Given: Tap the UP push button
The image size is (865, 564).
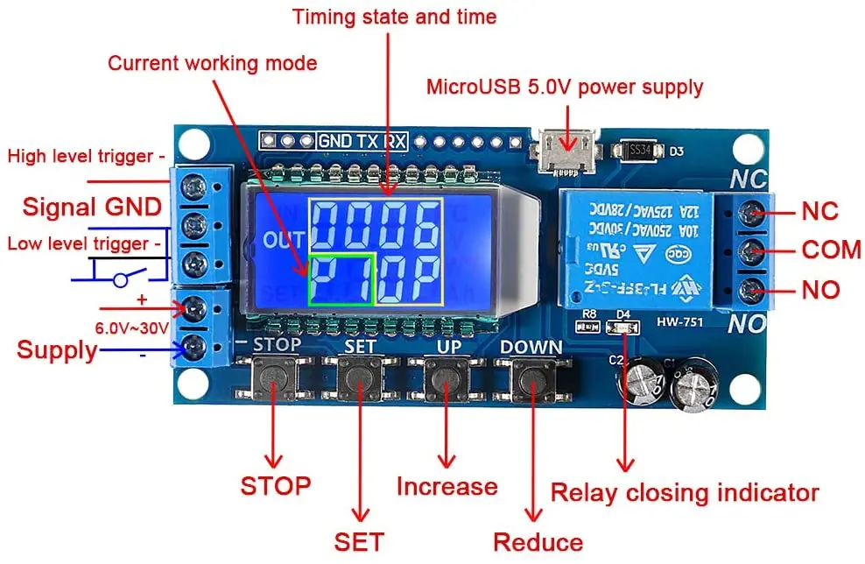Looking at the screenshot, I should pyautogui.click(x=447, y=380).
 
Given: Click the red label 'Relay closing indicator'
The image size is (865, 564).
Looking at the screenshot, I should pyautogui.click(x=684, y=492).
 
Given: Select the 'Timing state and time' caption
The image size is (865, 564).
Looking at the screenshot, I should pyautogui.click(x=394, y=16).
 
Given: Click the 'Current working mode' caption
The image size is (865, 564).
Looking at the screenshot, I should pyautogui.click(x=213, y=63).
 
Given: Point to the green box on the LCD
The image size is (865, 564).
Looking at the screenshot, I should pyautogui.click(x=342, y=279).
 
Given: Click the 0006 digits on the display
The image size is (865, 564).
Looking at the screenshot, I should pyautogui.click(x=376, y=225).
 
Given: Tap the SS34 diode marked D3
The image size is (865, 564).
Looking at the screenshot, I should pyautogui.click(x=641, y=151).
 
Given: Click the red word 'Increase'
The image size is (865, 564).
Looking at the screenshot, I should pyautogui.click(x=447, y=486).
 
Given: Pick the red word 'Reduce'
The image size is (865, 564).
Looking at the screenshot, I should pyautogui.click(x=538, y=542).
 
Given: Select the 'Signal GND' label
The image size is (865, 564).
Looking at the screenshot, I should pyautogui.click(x=92, y=207).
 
